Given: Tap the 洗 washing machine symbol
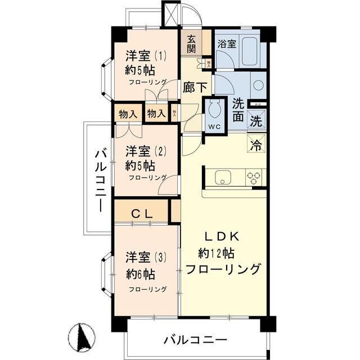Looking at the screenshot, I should click(x=256, y=120).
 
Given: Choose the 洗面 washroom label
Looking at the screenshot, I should click(x=238, y=111).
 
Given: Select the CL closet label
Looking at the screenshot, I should click(x=141, y=214).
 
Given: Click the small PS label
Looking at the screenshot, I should click(x=258, y=105).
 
